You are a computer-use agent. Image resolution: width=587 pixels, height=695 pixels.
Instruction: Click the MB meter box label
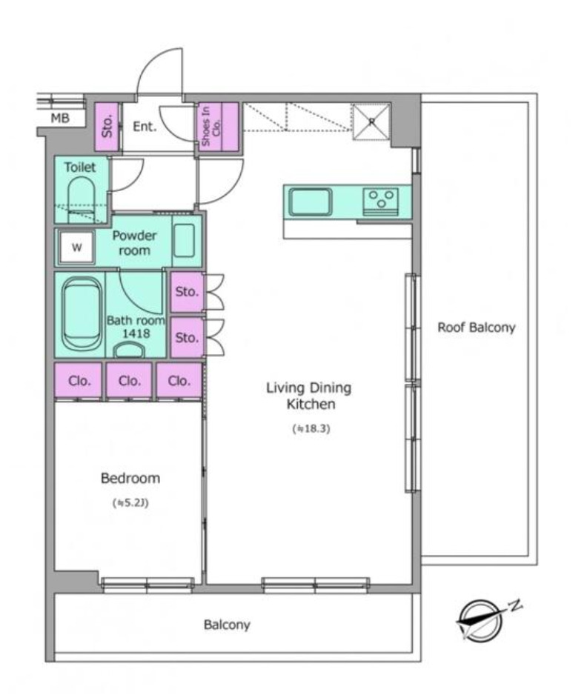click(60, 119)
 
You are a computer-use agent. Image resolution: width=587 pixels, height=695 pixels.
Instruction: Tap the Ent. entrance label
click(145, 126)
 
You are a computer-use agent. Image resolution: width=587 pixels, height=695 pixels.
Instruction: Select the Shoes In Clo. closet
click(218, 127)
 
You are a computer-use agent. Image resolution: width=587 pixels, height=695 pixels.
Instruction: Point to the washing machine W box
click(76, 247)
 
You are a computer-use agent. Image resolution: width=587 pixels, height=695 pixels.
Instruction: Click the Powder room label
click(134, 242)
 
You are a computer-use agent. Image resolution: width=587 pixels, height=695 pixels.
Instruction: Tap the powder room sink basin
click(184, 241)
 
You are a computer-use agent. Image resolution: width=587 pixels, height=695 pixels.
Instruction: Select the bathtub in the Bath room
click(81, 313)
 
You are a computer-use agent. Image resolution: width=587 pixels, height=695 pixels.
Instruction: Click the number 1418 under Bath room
click(136, 333)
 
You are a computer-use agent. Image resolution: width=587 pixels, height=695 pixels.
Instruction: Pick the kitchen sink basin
click(310, 202)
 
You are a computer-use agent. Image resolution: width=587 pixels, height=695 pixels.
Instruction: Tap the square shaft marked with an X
click(371, 122)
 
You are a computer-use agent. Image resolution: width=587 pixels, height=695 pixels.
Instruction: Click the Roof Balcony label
click(477, 327)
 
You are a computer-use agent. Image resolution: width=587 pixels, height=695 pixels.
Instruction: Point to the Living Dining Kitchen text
click(309, 396)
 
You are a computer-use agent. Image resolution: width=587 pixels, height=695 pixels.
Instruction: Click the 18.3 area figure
click(311, 428)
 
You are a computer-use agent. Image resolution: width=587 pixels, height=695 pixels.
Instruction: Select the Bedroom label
click(130, 478)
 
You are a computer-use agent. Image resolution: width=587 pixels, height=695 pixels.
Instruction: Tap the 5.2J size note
click(130, 503)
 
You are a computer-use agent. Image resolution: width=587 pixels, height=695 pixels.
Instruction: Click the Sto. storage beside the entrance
click(107, 127)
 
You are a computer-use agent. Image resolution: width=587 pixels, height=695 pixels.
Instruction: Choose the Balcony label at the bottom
click(227, 625)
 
